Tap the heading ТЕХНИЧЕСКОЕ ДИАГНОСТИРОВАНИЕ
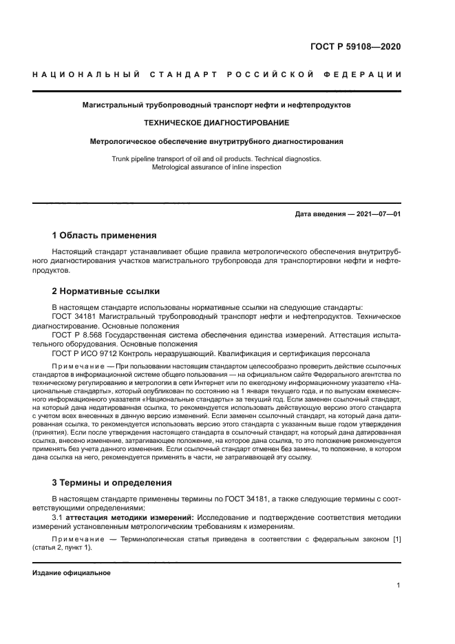pyautogui.click(x=216, y=123)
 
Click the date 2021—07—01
pyautogui.click(x=377, y=214)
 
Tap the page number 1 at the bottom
pyautogui.click(x=399, y=585)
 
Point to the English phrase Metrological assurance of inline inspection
pyautogui.click(x=216, y=167)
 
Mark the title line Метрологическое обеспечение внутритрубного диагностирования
pyautogui.click(x=217, y=141)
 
